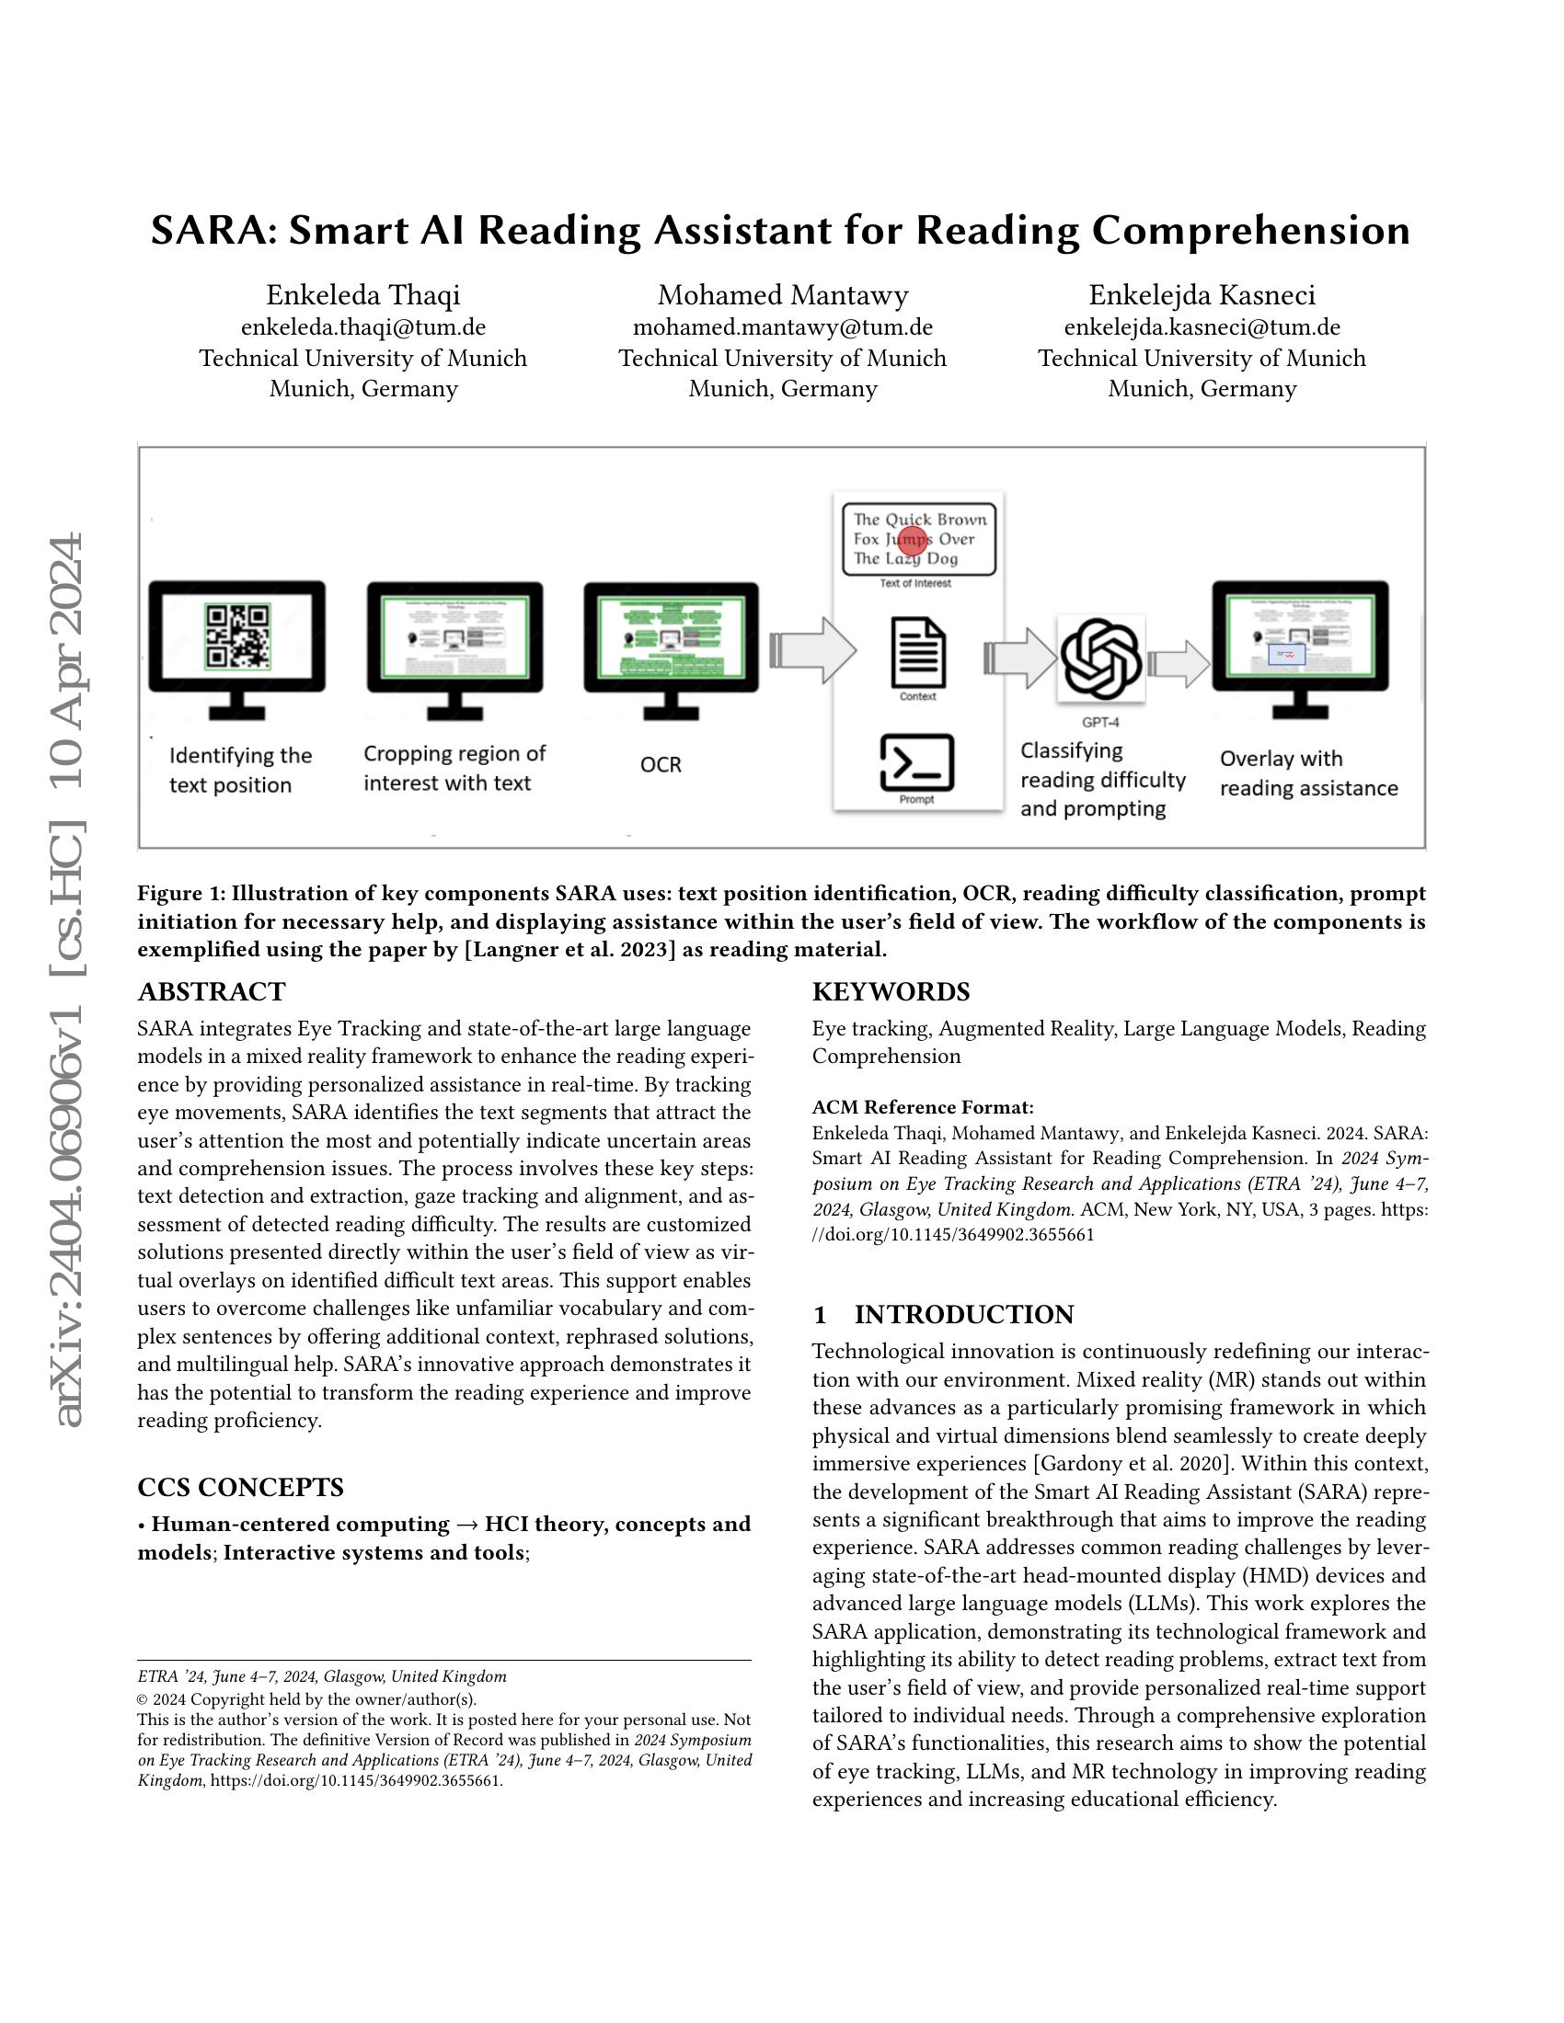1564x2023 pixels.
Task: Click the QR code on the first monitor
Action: [238, 636]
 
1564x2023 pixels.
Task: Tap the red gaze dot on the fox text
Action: [912, 542]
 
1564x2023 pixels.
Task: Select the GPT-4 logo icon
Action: [1100, 658]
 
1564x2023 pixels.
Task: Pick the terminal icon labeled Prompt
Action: [916, 762]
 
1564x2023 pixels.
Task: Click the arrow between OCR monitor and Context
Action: [812, 651]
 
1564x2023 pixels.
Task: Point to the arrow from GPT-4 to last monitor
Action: [1179, 663]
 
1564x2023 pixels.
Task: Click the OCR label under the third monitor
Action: [661, 765]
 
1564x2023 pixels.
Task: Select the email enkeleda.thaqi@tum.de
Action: [363, 327]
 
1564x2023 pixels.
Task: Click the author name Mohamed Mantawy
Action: [783, 295]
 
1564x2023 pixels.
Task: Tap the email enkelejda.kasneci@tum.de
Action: [1202, 327]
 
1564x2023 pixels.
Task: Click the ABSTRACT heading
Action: [212, 992]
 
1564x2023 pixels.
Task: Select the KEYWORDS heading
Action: [891, 992]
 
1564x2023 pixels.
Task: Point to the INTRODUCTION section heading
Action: [963, 1315]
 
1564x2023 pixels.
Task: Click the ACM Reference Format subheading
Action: [922, 1107]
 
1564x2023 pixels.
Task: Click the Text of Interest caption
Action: [915, 584]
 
